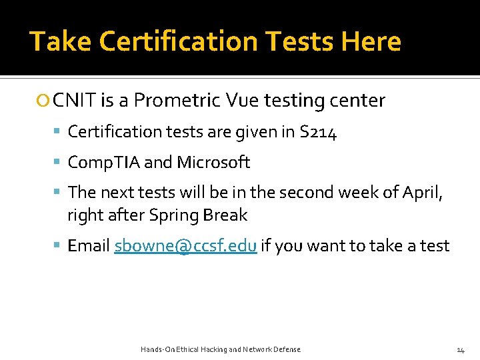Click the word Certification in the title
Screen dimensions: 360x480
point(171,41)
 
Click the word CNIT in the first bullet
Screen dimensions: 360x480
point(75,101)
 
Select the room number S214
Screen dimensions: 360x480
point(319,133)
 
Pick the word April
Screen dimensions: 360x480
point(423,193)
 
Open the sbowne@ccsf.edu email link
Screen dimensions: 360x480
point(185,246)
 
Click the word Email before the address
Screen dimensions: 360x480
point(89,246)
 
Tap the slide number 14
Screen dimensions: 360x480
point(460,349)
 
